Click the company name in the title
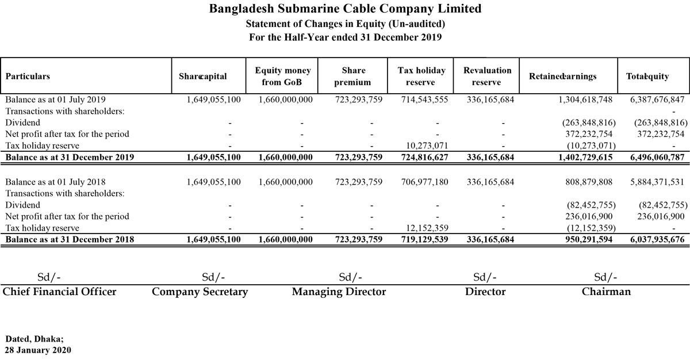coord(345,9)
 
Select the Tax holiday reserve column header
coord(421,76)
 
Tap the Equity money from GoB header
coord(282,76)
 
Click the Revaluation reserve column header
coord(487,76)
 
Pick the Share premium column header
coord(353,76)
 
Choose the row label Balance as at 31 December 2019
coord(70,157)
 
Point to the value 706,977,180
coord(424,182)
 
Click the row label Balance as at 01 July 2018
coord(55,182)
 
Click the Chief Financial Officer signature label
coord(60,292)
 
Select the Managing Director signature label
coord(339,292)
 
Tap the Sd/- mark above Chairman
coord(606,277)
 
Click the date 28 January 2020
coord(38,350)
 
